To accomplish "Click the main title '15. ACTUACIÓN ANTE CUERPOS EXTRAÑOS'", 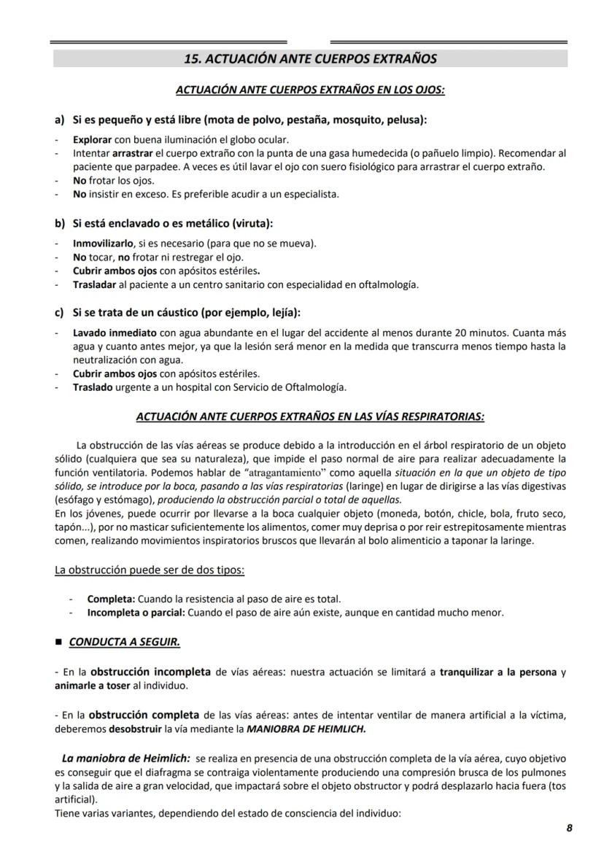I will click(x=310, y=58).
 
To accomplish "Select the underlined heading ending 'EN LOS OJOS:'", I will click(x=310, y=90).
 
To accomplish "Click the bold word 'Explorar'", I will click(x=92, y=139).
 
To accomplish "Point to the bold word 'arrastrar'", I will click(x=133, y=154).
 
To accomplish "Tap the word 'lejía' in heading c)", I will click(x=280, y=313).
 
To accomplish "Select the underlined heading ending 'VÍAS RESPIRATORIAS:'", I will click(x=310, y=417).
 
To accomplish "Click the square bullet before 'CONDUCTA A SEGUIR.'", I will click(x=58, y=643).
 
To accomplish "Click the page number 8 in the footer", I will click(x=569, y=828).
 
